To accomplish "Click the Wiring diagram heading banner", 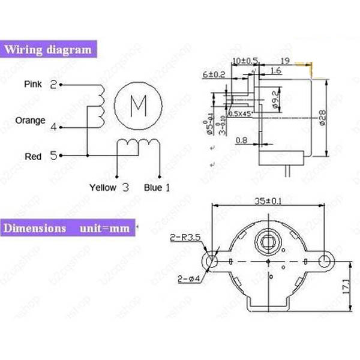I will (49, 49).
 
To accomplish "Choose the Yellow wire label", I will (103, 187).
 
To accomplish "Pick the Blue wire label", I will (153, 187).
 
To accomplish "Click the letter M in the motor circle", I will (139, 104).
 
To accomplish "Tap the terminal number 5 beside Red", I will (53, 156).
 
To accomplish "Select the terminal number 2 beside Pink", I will (53, 85).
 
